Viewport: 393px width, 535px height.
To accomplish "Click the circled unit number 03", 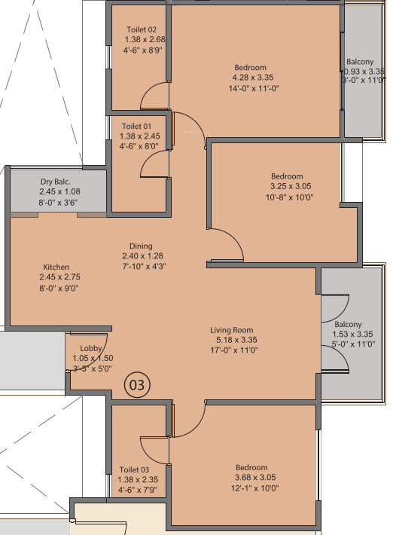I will pos(138,385).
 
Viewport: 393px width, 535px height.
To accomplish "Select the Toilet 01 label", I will pos(136,126).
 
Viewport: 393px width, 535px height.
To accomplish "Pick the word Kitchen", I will pos(56,267).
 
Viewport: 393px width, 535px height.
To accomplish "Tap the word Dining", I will pos(141,246).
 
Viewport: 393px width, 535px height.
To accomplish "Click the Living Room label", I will pos(232,330).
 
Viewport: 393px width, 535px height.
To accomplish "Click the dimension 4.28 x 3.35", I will pos(249,77).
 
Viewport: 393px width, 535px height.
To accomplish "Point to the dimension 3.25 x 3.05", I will pos(291,186).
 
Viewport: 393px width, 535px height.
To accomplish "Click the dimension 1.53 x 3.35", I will pos(352,334).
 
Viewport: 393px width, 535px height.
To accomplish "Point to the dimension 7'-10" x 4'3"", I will pos(141,265).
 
